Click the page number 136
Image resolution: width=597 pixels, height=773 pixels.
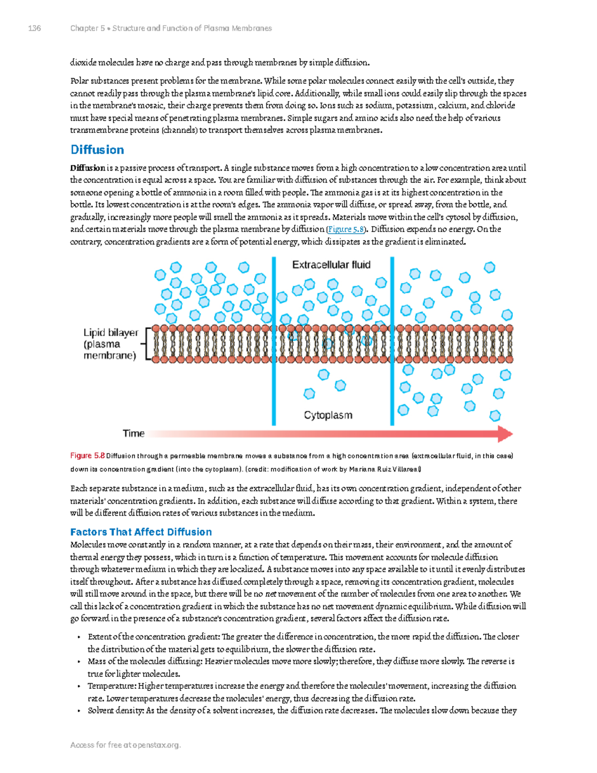pos(34,28)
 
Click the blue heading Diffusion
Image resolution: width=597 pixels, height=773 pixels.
pos(97,150)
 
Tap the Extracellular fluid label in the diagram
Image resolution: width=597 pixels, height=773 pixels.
pos(331,265)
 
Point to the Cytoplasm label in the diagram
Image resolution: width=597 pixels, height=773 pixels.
pos(328,415)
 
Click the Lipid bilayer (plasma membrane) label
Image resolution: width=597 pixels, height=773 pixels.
pos(110,344)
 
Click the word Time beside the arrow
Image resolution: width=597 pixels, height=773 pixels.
pos(133,434)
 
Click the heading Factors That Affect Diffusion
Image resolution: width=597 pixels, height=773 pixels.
pos(141,532)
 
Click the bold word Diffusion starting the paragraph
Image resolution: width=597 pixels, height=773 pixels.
pos(88,168)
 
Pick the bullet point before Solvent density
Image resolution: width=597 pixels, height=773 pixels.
pos(79,711)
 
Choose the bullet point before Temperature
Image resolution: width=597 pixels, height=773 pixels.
pos(79,686)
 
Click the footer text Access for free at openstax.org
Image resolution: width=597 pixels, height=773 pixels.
pos(125,745)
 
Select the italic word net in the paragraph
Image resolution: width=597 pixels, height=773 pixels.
pos(271,594)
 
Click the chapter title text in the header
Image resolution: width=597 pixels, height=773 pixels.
pos(171,28)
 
